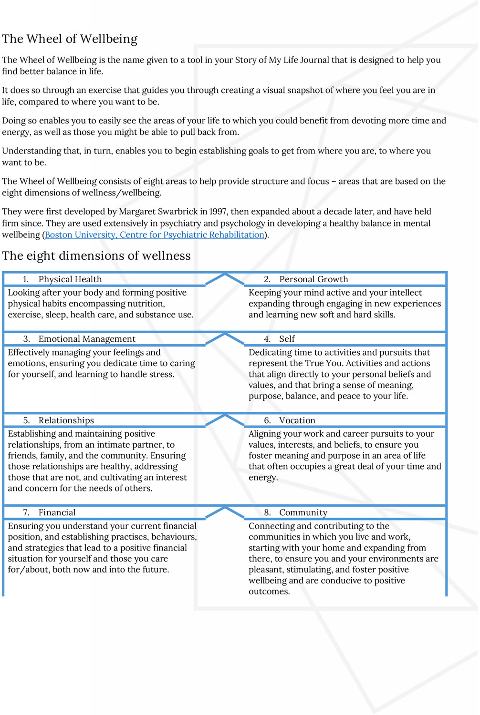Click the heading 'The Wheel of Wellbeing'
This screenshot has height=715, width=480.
click(70, 39)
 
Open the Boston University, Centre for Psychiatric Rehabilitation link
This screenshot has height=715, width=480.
click(155, 235)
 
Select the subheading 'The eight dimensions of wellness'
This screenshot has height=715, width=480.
click(96, 256)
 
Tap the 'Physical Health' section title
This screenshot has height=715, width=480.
click(70, 279)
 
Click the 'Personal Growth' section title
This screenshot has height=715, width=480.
click(313, 279)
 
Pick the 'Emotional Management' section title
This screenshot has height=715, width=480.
click(87, 339)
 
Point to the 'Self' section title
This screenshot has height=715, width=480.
click(287, 339)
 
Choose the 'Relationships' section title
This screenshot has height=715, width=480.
click(66, 420)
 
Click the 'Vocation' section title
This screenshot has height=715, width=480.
click(297, 420)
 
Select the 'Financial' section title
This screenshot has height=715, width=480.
click(57, 512)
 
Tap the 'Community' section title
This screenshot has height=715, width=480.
click(303, 512)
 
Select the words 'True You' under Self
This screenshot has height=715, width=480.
click(324, 363)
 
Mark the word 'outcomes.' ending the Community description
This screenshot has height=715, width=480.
click(269, 592)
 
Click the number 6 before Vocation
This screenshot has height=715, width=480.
click(267, 420)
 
